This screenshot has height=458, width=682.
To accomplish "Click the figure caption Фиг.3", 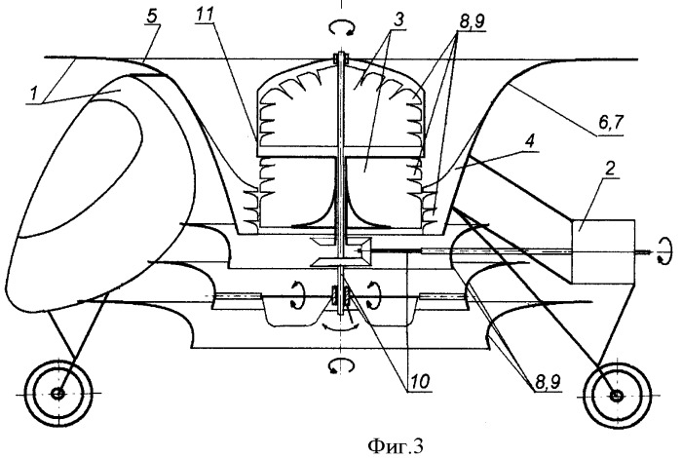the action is tap(395, 445).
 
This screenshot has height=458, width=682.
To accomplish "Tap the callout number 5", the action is tap(152, 17).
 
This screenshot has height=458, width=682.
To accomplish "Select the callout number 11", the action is tap(205, 17).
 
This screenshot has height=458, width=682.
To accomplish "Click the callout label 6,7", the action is tap(611, 123).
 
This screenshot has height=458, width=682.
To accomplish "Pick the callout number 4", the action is tap(533, 142).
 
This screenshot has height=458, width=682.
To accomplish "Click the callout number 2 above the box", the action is tap(610, 169).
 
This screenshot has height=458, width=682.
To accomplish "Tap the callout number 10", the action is tap(419, 382).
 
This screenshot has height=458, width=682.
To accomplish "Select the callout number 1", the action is tap(33, 94).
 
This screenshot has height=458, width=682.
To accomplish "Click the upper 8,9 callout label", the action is tap(472, 21).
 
